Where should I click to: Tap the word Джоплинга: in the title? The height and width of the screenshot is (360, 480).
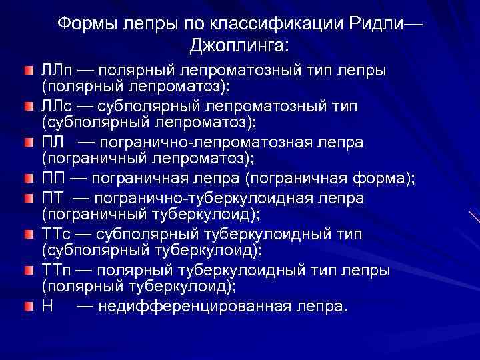point(240,45)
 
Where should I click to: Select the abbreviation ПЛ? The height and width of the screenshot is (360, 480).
point(52,143)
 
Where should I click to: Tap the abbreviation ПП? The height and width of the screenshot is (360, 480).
point(53,179)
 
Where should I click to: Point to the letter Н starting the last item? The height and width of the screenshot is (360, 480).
point(47,307)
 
